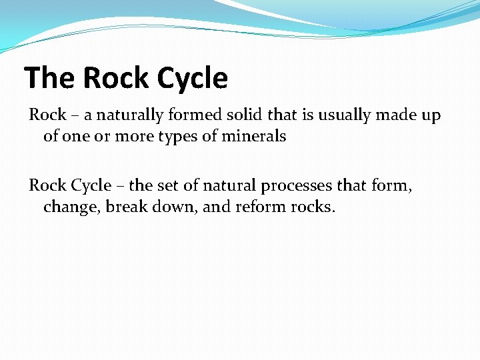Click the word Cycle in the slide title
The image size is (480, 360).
point(193,78)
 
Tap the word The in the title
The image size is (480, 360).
point(51,78)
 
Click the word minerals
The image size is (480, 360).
point(255,137)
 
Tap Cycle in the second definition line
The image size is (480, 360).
point(91,186)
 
